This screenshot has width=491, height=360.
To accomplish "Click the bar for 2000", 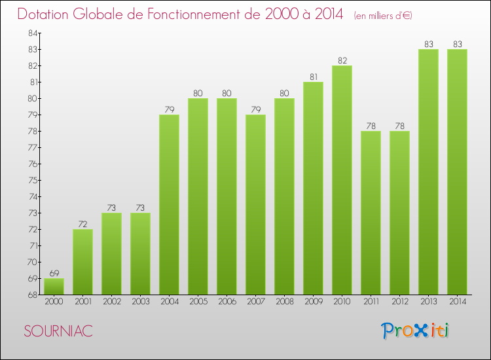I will click(x=54, y=286).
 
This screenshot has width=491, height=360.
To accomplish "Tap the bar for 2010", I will click(x=342, y=180).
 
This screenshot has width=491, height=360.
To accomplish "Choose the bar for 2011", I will click(x=371, y=213).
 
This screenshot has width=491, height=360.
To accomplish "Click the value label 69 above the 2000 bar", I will click(x=54, y=273).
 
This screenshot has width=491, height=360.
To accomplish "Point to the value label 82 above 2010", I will click(x=342, y=60).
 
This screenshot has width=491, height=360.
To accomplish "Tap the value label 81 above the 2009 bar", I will click(x=313, y=77).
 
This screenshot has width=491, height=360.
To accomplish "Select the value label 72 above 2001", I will click(x=82, y=224).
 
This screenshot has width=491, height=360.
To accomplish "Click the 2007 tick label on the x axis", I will click(x=255, y=302).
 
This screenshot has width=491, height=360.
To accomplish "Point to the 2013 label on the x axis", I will click(x=428, y=302).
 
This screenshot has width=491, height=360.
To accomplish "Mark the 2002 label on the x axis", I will click(x=111, y=302).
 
